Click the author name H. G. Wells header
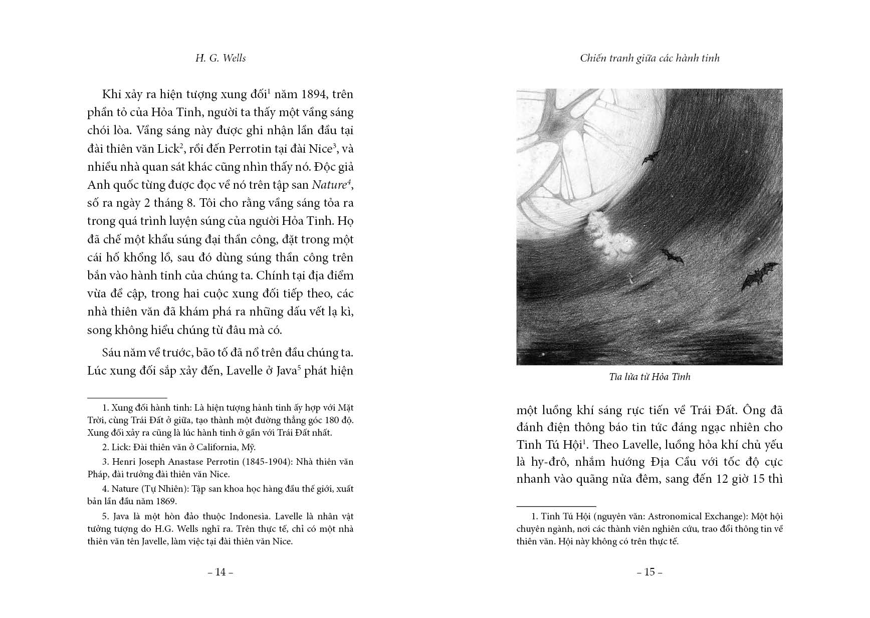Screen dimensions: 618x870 tap(221, 58)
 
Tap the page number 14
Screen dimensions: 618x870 tap(221, 572)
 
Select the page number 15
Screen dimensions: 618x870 tap(649, 572)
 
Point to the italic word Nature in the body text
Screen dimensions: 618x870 tap(329, 185)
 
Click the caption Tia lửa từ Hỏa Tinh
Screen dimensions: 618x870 tap(649, 377)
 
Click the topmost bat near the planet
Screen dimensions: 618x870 tap(650, 157)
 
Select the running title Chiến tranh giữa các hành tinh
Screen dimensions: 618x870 tap(649, 58)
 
